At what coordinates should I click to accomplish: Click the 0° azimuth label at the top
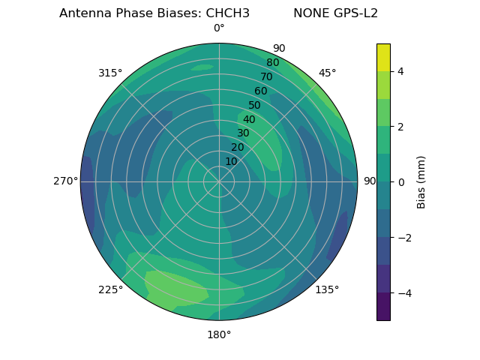(x=219, y=28)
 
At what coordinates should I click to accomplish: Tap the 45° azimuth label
(x=327, y=73)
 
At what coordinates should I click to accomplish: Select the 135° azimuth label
(x=327, y=289)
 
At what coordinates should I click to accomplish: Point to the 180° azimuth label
(x=219, y=334)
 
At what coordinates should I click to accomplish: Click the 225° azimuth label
(x=110, y=289)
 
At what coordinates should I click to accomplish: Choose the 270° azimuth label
(x=65, y=181)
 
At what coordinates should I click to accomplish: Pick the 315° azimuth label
(x=110, y=73)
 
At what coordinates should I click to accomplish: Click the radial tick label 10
(x=231, y=161)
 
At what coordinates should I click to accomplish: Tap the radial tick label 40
(x=249, y=120)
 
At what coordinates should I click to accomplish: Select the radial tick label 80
(x=273, y=63)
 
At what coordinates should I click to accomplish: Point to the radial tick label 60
(x=261, y=91)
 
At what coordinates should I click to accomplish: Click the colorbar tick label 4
(x=400, y=71)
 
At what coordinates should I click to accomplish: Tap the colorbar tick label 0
(x=400, y=181)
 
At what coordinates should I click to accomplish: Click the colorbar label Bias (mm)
(x=421, y=181)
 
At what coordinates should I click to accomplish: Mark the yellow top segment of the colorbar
(x=383, y=57)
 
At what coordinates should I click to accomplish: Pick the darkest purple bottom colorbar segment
(x=383, y=307)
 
